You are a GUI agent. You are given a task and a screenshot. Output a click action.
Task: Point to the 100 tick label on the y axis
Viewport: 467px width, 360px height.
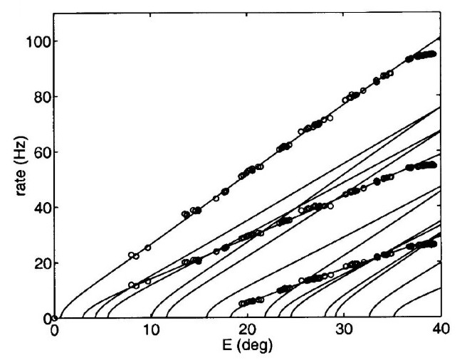[x=36, y=41]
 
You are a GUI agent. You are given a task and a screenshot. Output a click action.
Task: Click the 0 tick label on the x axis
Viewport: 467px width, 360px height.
[x=54, y=332]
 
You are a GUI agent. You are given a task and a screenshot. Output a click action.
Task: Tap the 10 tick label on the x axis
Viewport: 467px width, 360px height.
[x=150, y=332]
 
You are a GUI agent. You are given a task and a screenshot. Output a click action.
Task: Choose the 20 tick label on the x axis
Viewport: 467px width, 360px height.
[x=247, y=332]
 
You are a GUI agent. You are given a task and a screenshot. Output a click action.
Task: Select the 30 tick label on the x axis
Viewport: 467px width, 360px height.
[x=344, y=332]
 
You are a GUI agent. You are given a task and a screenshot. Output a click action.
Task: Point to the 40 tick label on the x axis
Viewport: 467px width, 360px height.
[x=440, y=332]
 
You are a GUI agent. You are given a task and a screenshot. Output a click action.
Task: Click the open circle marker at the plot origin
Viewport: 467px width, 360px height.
[x=54, y=318]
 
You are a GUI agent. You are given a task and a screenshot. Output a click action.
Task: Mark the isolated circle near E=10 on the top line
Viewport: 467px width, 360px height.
[x=147, y=248]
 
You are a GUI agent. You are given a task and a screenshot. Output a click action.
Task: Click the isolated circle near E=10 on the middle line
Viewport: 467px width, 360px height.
[x=148, y=281]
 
